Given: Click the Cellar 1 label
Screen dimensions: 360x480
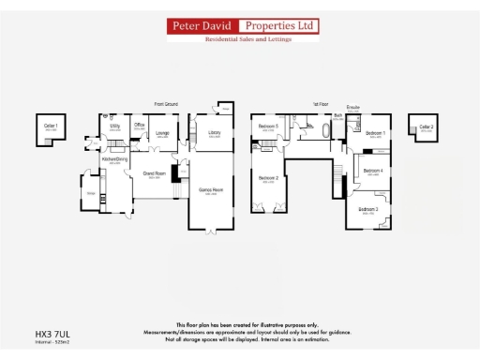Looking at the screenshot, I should tap(51, 126).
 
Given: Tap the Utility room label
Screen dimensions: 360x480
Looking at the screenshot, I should tap(114, 125).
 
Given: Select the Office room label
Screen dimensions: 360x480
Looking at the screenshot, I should tap(139, 125).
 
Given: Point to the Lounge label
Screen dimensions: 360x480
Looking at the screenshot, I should tap(162, 133).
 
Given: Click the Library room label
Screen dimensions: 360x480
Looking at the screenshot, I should tap(214, 133).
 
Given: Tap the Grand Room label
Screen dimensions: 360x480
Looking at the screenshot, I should tap(154, 173).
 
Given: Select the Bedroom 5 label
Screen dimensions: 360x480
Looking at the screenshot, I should tap(269, 126).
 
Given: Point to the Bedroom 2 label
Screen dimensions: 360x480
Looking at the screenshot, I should tap(268, 177).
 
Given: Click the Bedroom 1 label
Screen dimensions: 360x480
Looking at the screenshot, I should tap(377, 133).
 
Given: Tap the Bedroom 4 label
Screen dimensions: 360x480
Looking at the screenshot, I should tap(373, 171).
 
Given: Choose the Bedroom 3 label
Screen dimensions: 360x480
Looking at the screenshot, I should tap(367, 210).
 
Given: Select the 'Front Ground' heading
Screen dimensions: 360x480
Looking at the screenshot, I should tap(168, 104).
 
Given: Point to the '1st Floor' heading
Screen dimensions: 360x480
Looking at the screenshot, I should tap(322, 104).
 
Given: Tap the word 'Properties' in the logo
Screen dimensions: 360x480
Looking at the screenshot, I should tap(278, 25).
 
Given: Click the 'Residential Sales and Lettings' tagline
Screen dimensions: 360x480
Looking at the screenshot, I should tap(243, 38).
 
